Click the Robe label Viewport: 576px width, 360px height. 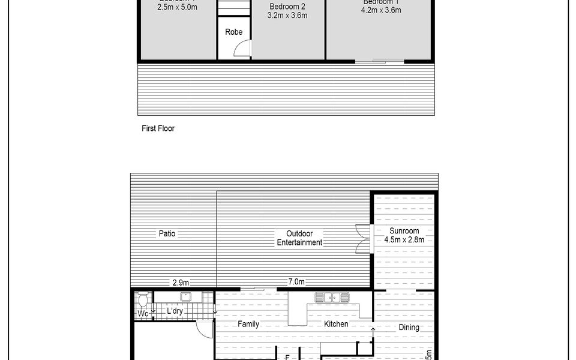click(x=234, y=32)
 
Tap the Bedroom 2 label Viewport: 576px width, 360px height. click(x=287, y=6)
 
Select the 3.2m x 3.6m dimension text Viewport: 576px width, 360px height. click(x=287, y=16)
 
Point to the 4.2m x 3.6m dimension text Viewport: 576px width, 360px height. click(x=381, y=10)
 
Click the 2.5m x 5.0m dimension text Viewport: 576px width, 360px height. click(x=177, y=8)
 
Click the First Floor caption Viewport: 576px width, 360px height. click(x=158, y=128)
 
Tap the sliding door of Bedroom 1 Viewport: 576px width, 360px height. click(x=379, y=61)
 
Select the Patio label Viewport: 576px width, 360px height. click(x=167, y=233)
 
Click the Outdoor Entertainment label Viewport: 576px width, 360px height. click(x=299, y=238)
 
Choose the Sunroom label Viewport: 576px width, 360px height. click(x=404, y=231)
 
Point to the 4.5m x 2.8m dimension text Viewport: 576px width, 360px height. click(x=404, y=240)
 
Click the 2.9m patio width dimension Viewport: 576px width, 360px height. click(x=181, y=282)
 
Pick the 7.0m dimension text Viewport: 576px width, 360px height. click(x=296, y=282)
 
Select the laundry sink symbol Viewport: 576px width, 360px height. click(x=186, y=296)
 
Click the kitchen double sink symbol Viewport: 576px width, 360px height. click(x=332, y=297)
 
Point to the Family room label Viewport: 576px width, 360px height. click(x=248, y=325)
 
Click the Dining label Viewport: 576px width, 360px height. click(x=409, y=328)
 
